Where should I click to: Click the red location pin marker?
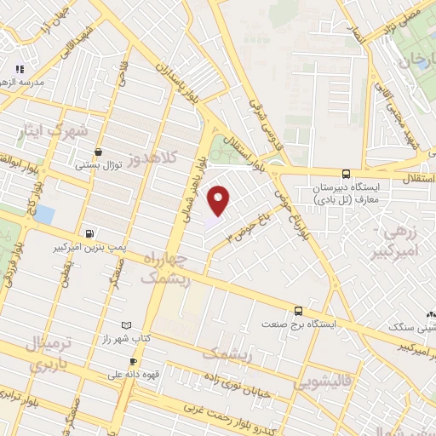pyautogui.click(x=220, y=200)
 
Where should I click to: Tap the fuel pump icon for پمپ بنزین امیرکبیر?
pyautogui.click(x=89, y=232)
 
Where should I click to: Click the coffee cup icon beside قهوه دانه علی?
pyautogui.click(x=132, y=361)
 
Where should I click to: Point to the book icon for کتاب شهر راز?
pyautogui.click(x=127, y=326)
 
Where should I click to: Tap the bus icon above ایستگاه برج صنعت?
pyautogui.click(x=298, y=311)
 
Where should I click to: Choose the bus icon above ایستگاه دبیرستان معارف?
pyautogui.click(x=345, y=172)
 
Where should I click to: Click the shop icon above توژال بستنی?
pyautogui.click(x=99, y=152)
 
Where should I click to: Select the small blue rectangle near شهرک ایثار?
pyautogui.click(x=43, y=214)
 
